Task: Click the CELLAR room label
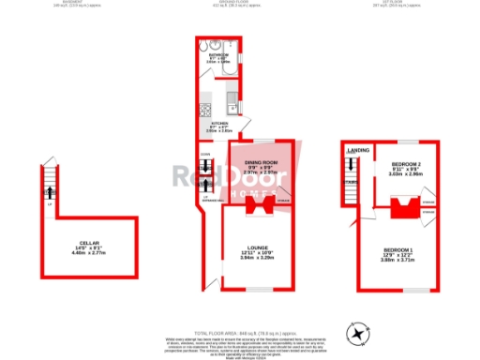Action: [x=89, y=244]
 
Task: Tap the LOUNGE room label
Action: [x=245, y=247]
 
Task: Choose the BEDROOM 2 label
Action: [x=406, y=163]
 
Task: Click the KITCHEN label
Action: [x=219, y=122]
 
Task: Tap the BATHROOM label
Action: [x=217, y=55]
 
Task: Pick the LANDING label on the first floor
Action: [x=357, y=150]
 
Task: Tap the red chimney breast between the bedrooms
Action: [x=404, y=207]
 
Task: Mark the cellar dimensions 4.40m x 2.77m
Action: [x=89, y=254]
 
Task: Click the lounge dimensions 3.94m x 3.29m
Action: [x=245, y=258]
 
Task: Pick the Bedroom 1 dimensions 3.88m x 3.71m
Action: [x=397, y=260]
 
